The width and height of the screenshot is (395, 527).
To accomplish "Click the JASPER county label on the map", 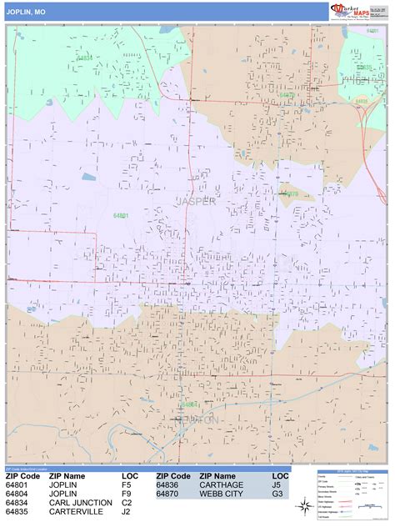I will pyautogui.click(x=196, y=201).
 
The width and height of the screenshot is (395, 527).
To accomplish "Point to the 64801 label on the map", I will pyautogui.click(x=121, y=215).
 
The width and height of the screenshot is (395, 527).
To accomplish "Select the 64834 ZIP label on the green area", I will pyautogui.click(x=85, y=58).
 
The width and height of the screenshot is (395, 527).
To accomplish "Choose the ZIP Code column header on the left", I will pyautogui.click(x=23, y=475).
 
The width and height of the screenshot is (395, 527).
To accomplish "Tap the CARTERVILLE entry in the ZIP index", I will pyautogui.click(x=77, y=512).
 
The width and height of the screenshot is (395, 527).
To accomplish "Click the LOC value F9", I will pyautogui.click(x=127, y=494).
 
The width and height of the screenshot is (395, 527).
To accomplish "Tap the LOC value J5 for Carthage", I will pyautogui.click(x=276, y=484).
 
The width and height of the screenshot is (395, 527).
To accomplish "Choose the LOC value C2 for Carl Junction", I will pyautogui.click(x=127, y=503).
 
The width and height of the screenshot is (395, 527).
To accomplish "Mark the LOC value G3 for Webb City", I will pyautogui.click(x=276, y=494).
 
